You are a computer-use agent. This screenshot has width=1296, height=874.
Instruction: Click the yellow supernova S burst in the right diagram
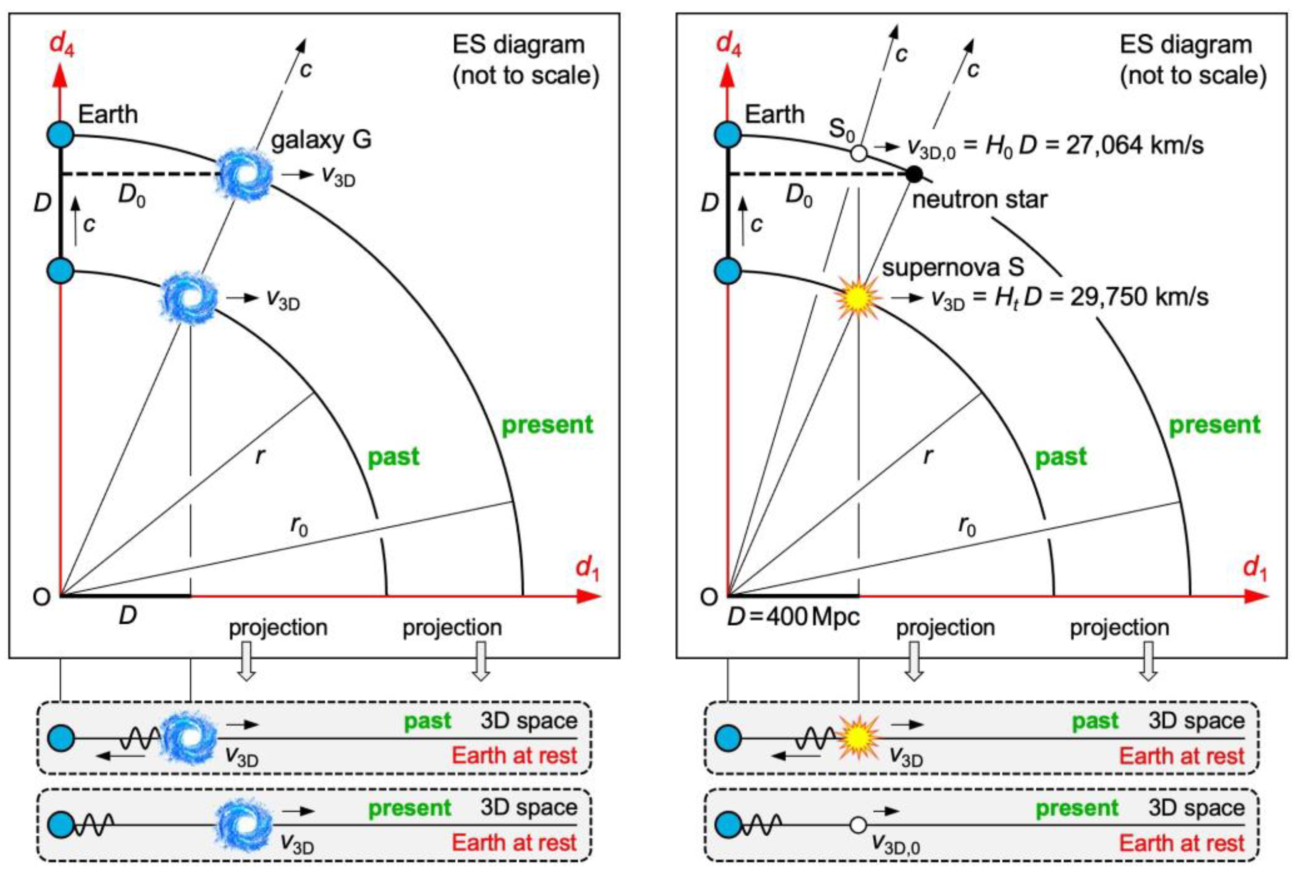point(858,298)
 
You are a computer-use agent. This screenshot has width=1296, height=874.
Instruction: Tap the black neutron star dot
point(913,174)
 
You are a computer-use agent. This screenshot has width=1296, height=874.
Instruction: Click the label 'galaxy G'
point(321,139)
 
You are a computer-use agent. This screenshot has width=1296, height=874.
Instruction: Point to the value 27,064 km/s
point(1135,146)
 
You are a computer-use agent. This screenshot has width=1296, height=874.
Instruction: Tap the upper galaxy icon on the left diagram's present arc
point(244,174)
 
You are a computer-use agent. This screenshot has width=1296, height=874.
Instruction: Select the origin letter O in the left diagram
point(42,597)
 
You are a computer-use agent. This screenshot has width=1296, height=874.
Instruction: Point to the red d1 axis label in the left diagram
point(587,569)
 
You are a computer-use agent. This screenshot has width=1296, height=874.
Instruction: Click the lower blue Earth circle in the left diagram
point(61,272)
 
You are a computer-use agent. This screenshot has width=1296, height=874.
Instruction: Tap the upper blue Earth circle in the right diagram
point(728,135)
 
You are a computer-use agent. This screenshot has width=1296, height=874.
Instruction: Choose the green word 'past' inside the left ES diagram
point(393,457)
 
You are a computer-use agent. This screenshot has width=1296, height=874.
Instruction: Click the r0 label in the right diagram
point(967,525)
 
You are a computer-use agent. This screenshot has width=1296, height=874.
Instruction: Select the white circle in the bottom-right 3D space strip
point(858,824)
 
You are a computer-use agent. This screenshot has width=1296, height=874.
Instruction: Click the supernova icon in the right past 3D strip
point(858,738)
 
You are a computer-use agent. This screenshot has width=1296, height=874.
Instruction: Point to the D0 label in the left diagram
point(131,195)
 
